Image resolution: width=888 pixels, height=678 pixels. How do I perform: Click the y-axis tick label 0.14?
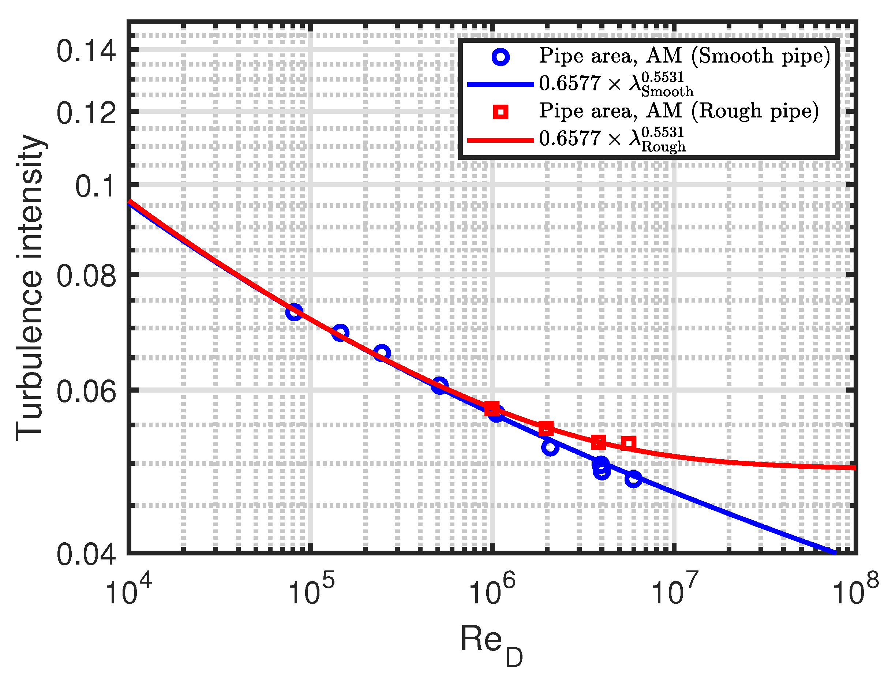pyautogui.click(x=86, y=51)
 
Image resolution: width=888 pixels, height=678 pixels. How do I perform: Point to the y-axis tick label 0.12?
pyautogui.click(x=86, y=113)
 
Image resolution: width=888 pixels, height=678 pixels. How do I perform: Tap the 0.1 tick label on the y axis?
pyautogui.click(x=95, y=187)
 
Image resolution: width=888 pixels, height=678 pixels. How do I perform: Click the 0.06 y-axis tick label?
pyautogui.click(x=86, y=392)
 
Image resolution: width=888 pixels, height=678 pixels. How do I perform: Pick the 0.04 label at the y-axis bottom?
pyautogui.click(x=86, y=555)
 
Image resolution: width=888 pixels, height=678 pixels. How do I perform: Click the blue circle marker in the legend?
pyautogui.click(x=500, y=57)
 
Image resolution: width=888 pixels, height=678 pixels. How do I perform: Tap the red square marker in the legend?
pyautogui.click(x=500, y=112)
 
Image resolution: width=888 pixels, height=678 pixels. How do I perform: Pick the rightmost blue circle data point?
pyautogui.click(x=633, y=479)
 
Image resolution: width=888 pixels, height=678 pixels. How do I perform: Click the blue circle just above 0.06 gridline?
pyautogui.click(x=439, y=385)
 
